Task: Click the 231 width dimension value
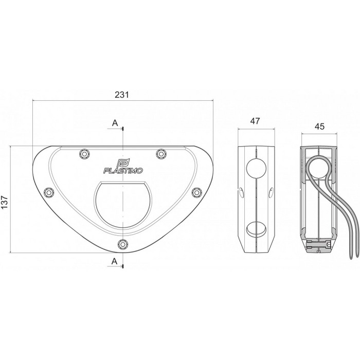click(122, 95)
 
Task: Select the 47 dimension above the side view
click(255, 121)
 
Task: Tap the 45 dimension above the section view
click(319, 125)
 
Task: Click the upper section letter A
click(115, 123)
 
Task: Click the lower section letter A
click(115, 261)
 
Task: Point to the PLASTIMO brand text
click(123, 170)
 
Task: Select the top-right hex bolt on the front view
click(161, 153)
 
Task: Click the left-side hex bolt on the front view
click(49, 192)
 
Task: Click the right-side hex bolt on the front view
click(196, 192)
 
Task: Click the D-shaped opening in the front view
click(123, 206)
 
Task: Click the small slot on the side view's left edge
click(241, 192)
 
